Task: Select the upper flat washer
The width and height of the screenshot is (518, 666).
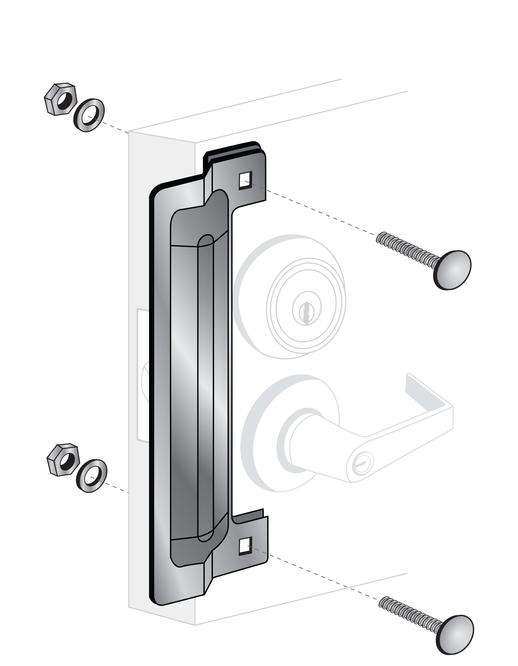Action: click(x=90, y=115)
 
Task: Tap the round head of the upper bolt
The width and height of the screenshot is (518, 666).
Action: click(x=453, y=269)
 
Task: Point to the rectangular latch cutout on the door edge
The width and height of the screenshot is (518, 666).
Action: click(x=142, y=375)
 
